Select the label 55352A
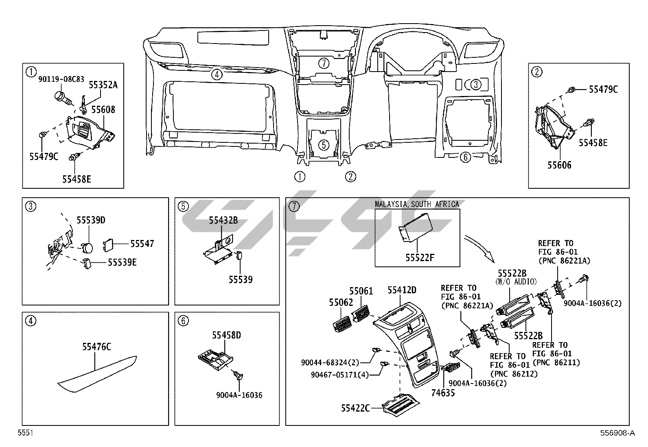click(103, 85)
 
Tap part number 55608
click(103, 109)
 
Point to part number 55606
click(559, 165)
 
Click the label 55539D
click(91, 220)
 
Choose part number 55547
click(142, 244)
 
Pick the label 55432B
click(223, 220)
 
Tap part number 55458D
click(226, 335)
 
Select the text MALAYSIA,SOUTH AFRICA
click(417, 204)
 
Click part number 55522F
click(420, 257)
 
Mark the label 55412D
click(402, 290)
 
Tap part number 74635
click(443, 393)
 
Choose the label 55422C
click(355, 408)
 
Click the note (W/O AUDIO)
click(516, 281)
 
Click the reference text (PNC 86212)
click(514, 373)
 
